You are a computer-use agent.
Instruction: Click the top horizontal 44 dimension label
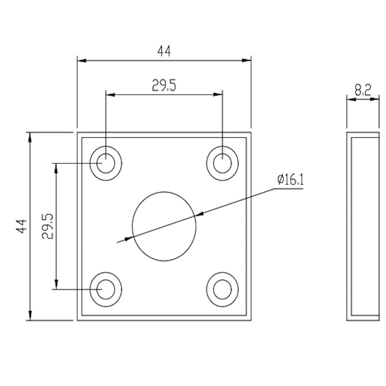tap(164, 51)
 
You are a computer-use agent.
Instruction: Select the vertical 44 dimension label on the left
tap(22, 226)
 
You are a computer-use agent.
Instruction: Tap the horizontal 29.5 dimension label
tap(164, 85)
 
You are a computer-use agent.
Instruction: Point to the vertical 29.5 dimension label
tap(47, 226)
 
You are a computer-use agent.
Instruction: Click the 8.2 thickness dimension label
tap(362, 90)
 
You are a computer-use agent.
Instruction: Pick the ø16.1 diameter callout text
tap(291, 180)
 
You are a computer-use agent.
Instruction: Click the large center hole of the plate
tap(164, 226)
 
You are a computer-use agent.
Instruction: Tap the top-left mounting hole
tap(106, 163)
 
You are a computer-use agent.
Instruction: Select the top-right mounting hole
tap(222, 163)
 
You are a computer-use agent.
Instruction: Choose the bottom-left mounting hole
tap(106, 289)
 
